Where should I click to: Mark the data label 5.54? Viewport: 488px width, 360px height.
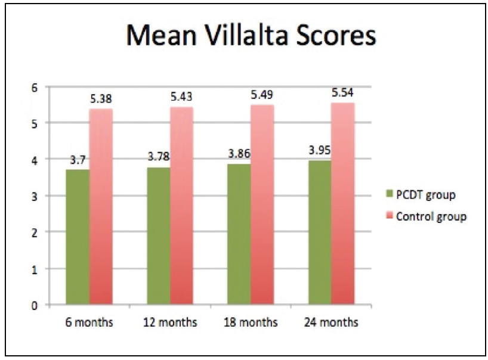[x=343, y=94]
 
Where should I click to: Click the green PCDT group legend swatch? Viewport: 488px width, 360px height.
[x=390, y=194]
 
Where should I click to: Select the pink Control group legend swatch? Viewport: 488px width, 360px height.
[x=390, y=216]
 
